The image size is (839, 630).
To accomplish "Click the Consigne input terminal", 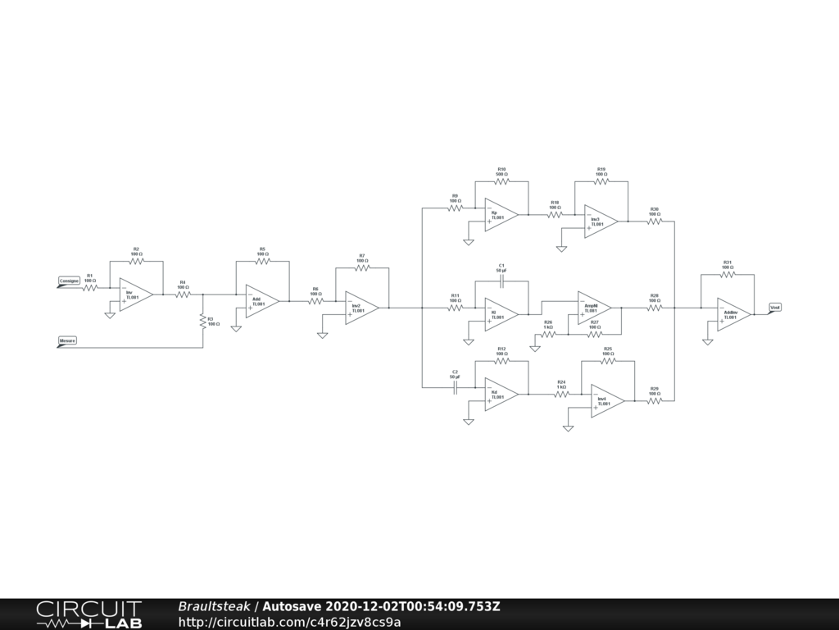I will (x=69, y=281).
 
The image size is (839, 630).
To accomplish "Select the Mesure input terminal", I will (x=67, y=340).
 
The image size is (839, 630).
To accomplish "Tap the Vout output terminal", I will (x=774, y=308).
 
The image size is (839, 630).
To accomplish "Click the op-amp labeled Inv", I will (x=134, y=295).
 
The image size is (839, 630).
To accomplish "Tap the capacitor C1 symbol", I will (x=501, y=281).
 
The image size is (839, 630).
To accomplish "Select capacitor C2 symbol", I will (x=455, y=388).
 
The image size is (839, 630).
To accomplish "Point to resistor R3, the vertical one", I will (x=202, y=322).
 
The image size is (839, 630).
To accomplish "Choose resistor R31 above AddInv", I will (x=727, y=276).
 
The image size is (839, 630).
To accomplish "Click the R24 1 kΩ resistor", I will (x=561, y=395).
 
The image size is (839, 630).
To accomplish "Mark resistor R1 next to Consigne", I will (x=89, y=288).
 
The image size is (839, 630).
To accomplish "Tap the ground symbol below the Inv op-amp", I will (x=110, y=314).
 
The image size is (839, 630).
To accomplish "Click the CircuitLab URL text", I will (x=289, y=622).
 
